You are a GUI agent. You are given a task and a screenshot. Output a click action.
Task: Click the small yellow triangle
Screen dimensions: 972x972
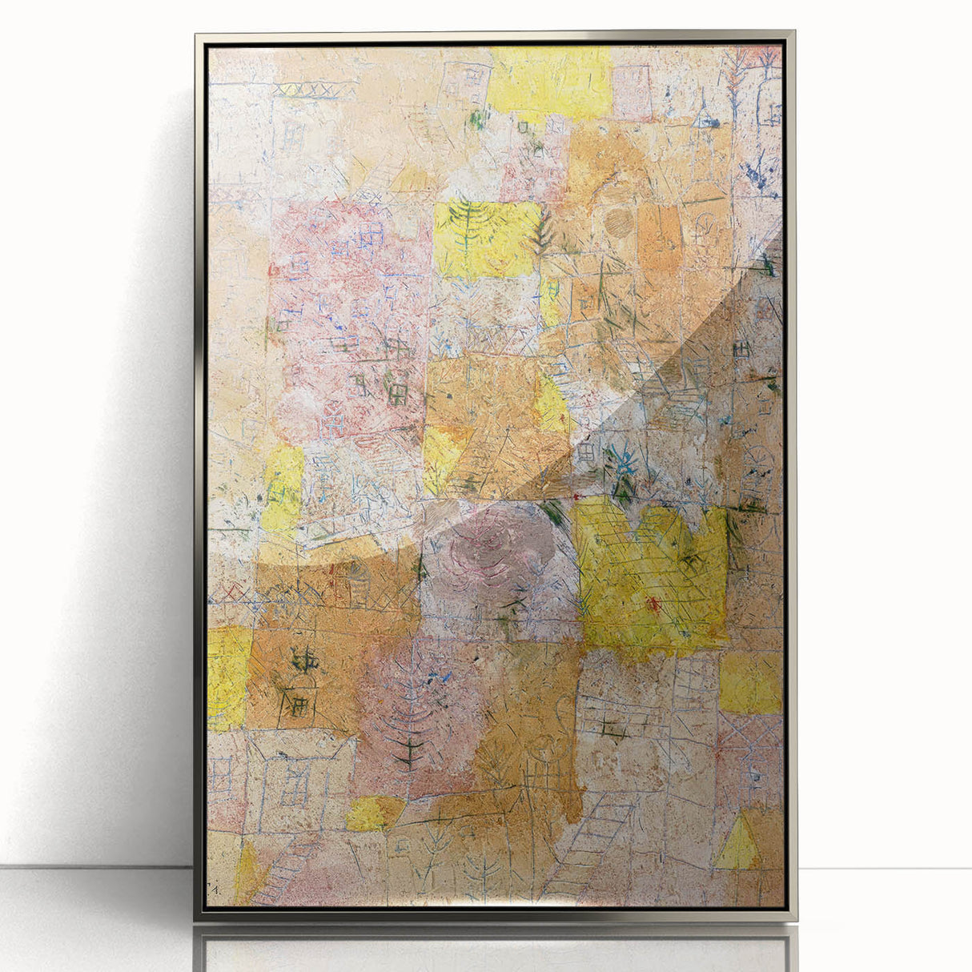coord(738,843)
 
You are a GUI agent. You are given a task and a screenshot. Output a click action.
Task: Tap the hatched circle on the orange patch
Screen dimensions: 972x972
coord(617,222)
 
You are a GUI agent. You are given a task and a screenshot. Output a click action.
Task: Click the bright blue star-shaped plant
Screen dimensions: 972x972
coord(622,464)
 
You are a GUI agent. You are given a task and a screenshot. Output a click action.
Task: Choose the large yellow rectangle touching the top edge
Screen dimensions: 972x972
coord(550,78)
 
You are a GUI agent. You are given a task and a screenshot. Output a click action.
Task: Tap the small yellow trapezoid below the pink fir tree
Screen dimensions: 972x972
coord(372,813)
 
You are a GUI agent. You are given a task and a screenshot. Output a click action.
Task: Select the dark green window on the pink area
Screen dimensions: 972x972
coord(396,392)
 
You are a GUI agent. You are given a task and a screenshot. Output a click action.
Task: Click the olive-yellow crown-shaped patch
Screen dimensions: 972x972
coord(650,576)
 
